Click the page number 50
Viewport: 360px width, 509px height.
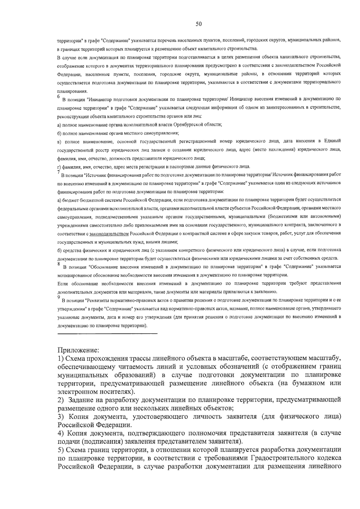pyautogui.click(x=199, y=24)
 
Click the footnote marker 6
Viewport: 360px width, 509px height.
pyautogui.click(x=58, y=96)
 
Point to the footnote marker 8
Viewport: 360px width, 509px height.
pyautogui.click(x=58, y=264)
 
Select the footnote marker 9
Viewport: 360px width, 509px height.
pyautogui.click(x=58, y=297)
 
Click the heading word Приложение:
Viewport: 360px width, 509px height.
pyautogui.click(x=78, y=350)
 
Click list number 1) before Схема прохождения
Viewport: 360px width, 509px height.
pyautogui.click(x=61, y=358)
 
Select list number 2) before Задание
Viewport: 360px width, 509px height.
pyautogui.click(x=61, y=400)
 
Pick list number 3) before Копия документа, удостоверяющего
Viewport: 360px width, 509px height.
pyautogui.click(x=61, y=417)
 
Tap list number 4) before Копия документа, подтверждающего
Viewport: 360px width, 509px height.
pyautogui.click(x=61, y=433)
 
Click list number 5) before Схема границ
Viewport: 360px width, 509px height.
pyautogui.click(x=61, y=450)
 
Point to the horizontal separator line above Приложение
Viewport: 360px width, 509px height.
pyautogui.click(x=107, y=333)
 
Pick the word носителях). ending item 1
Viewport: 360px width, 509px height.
pyautogui.click(x=118, y=391)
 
